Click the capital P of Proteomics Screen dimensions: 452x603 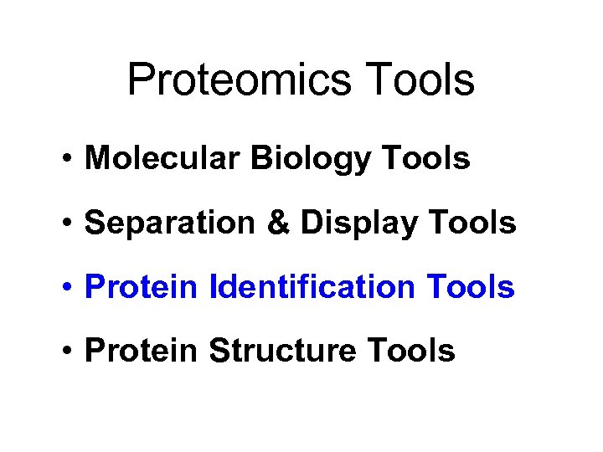pos(142,81)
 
